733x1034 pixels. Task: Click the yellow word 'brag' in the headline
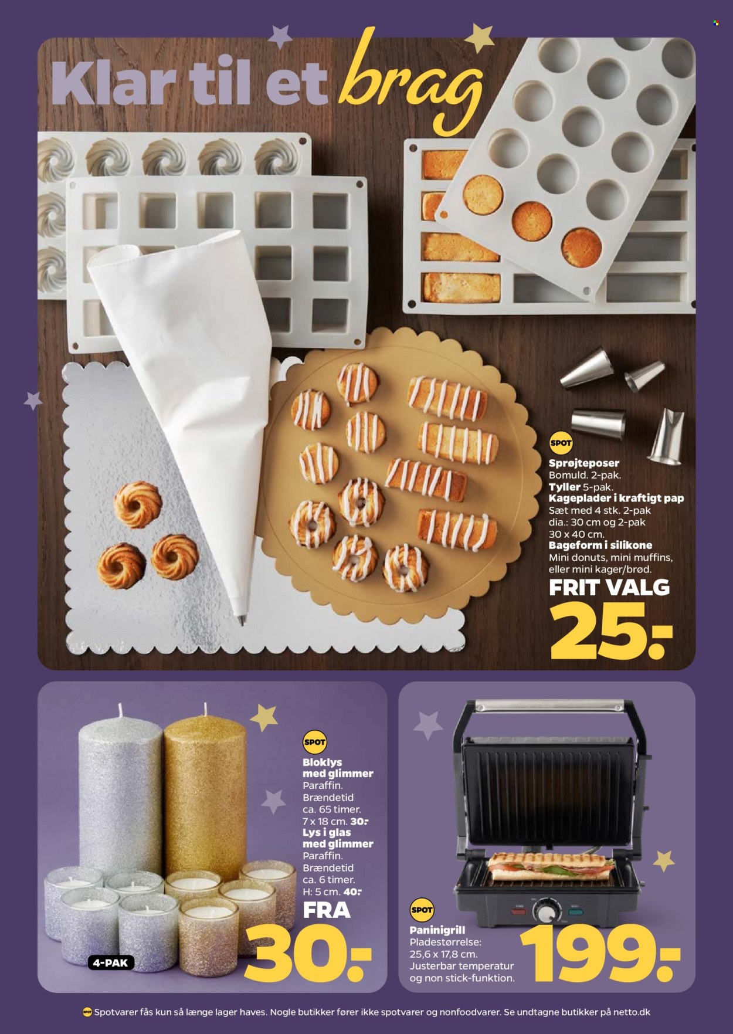coord(410,82)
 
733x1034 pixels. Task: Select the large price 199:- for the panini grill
coord(601,954)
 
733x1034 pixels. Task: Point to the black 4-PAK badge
coord(111,962)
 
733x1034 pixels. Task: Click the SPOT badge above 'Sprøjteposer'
coord(560,443)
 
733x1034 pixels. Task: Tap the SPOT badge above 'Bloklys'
coord(314,743)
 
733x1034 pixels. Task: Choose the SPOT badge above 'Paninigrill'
coord(422,910)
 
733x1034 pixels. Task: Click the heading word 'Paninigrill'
coord(441,931)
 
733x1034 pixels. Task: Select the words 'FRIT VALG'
coord(609,587)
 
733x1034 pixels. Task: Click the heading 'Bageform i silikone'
coord(600,545)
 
